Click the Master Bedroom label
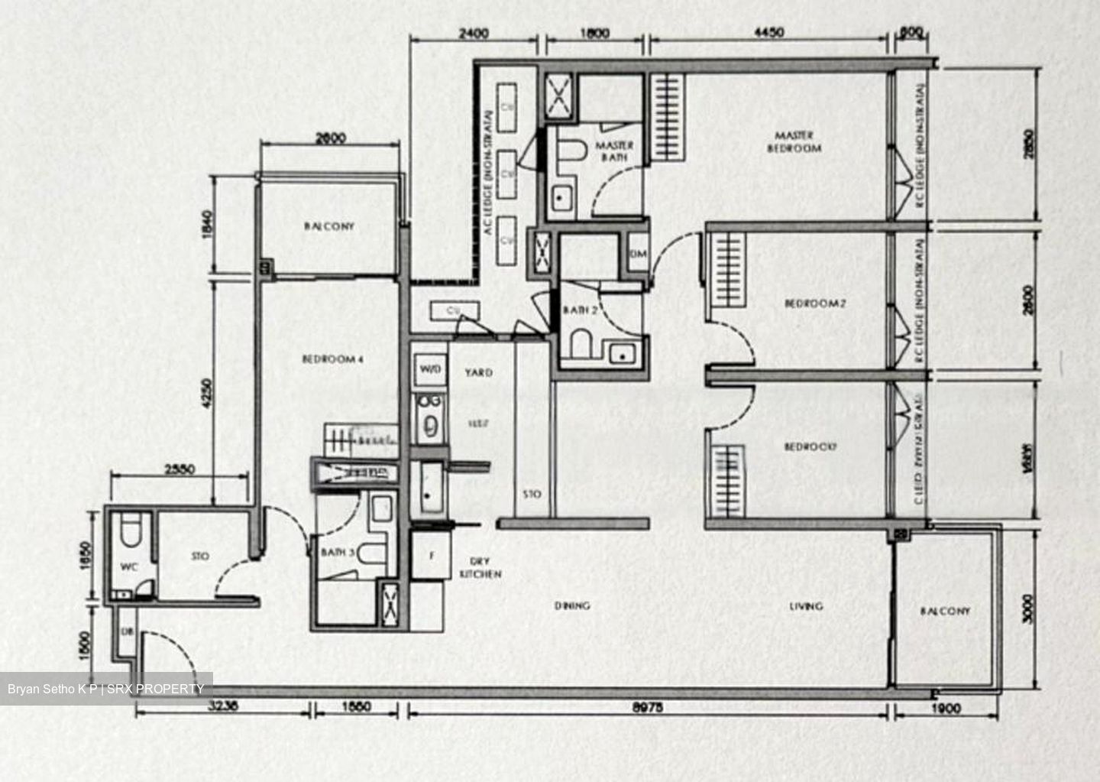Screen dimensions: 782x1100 [794, 142]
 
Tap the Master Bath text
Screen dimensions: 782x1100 [614, 151]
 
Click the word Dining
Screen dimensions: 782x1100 [572, 606]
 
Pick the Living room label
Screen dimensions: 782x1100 [806, 606]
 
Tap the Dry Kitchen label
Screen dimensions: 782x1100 [480, 567]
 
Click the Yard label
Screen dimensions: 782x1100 [479, 373]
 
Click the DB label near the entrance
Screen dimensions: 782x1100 [127, 631]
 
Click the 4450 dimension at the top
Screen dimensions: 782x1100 [768, 33]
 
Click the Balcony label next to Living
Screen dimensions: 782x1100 [945, 611]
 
